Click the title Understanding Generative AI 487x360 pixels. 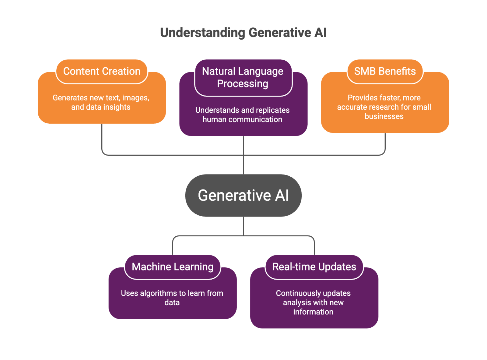pyautogui.click(x=243, y=33)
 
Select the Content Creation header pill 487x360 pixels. pyautogui.click(x=102, y=72)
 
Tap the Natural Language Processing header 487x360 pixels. pyautogui.click(x=243, y=78)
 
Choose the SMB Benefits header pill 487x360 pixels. pyautogui.click(x=385, y=72)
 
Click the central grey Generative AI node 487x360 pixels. pyautogui.click(x=243, y=196)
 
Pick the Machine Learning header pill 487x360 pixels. pyautogui.click(x=173, y=267)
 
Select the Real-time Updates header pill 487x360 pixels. pyautogui.click(x=314, y=267)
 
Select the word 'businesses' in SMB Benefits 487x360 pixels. pyautogui.click(x=384, y=116)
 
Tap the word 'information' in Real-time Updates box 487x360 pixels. pyautogui.click(x=313, y=312)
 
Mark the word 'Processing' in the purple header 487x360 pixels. pyautogui.click(x=243, y=84)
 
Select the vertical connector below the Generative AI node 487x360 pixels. pyautogui.click(x=243, y=226)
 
